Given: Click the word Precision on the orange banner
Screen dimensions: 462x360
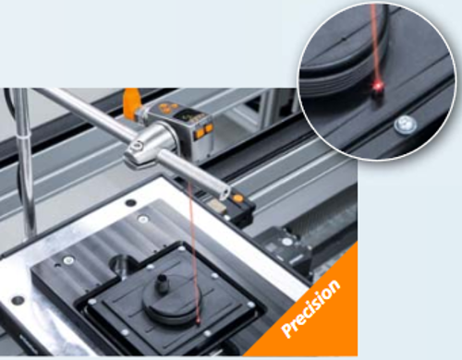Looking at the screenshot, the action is pyautogui.click(x=311, y=308).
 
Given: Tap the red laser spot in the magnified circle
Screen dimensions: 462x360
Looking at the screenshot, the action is pyautogui.click(x=377, y=87).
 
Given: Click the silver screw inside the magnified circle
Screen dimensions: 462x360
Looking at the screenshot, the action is pyautogui.click(x=406, y=125).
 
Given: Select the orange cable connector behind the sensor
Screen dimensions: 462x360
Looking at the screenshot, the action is pyautogui.click(x=132, y=103).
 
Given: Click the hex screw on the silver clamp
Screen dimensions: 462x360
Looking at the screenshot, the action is pyautogui.click(x=137, y=146).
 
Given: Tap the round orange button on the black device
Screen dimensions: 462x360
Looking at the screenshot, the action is pyautogui.click(x=237, y=198).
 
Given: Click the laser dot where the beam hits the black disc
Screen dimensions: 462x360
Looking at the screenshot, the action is pyautogui.click(x=198, y=323).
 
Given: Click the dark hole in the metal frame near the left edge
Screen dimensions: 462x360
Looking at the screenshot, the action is pyautogui.click(x=18, y=300).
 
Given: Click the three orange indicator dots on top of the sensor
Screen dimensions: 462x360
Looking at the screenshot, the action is pyautogui.click(x=166, y=108).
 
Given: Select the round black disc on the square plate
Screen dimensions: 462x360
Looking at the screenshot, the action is pyautogui.click(x=174, y=304).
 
